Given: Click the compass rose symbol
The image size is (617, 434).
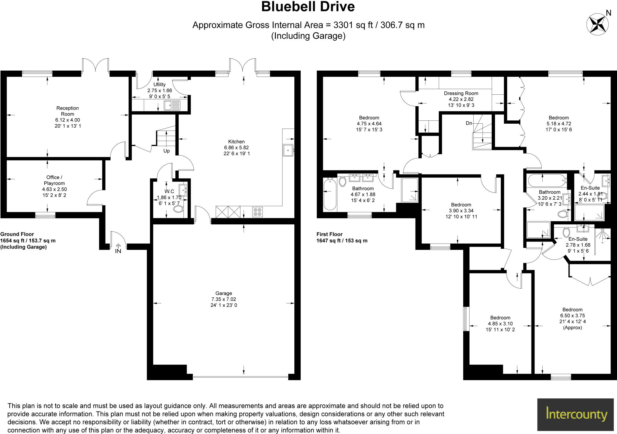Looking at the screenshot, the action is point(597,24).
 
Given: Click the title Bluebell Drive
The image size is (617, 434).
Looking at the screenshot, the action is point(308,7).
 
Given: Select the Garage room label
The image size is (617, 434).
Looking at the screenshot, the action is point(224,293).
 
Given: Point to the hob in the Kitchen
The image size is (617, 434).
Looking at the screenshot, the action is point(257,212).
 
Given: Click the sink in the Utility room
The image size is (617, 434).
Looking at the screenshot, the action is point(172,105).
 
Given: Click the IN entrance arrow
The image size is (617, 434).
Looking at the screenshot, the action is point(118,248).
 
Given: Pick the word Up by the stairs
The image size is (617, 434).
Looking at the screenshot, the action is point(166,151).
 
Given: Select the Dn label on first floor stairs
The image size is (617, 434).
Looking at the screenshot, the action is point(469,123).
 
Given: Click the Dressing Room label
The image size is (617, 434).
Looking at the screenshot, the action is point(461,93).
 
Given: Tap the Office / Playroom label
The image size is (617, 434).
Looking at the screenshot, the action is point(54,180).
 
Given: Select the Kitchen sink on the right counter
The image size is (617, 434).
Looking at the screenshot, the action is point(288,150).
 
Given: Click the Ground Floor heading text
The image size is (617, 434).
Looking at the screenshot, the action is point(17,234).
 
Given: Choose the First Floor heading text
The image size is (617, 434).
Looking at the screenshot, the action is point(330,234).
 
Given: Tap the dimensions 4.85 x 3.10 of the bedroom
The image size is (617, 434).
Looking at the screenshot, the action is point(500,324).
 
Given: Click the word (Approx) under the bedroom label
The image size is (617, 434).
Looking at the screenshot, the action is point(572,328).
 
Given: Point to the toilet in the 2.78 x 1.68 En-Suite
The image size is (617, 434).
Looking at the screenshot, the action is point(566,232).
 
